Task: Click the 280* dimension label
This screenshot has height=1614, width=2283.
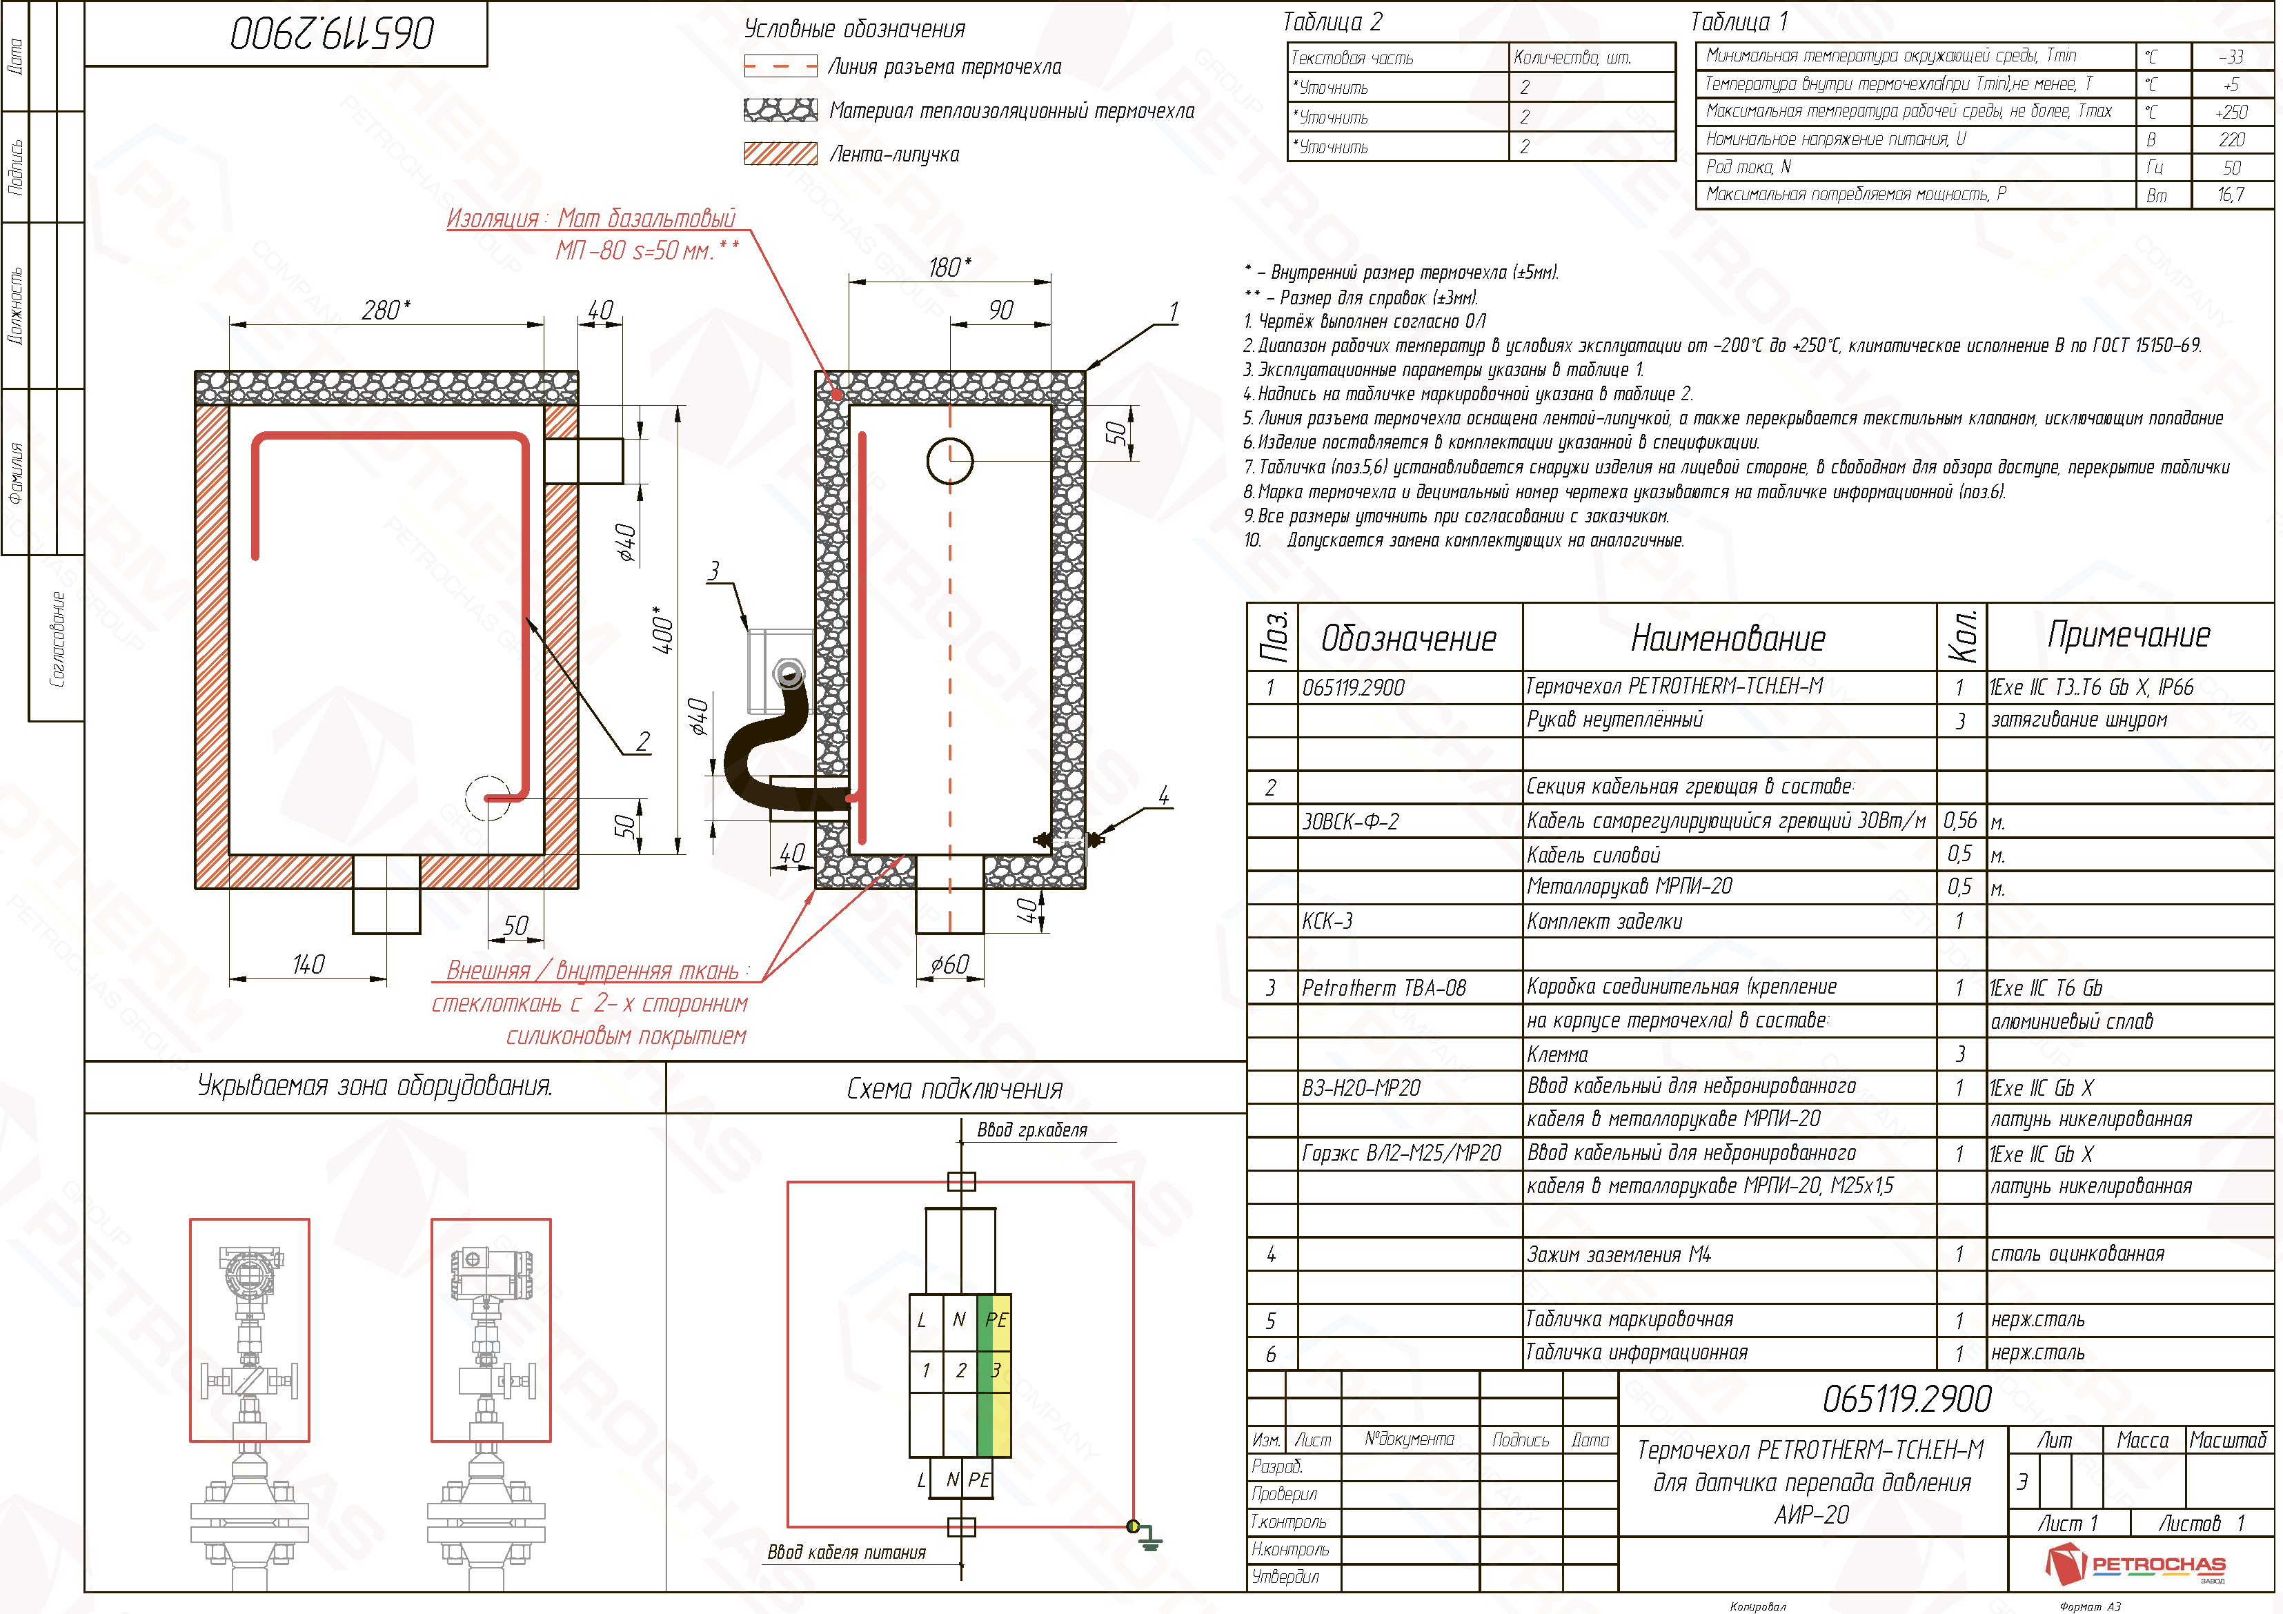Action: pos(386,311)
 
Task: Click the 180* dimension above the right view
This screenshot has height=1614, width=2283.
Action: pos(949,266)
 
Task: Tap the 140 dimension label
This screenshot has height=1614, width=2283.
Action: pos(308,963)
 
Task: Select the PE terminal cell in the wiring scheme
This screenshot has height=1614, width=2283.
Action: pos(996,1319)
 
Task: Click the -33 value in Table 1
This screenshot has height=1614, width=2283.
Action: pos(2231,57)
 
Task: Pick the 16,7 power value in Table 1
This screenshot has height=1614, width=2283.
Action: pos(2231,195)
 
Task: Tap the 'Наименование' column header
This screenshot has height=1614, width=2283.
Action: pos(1728,638)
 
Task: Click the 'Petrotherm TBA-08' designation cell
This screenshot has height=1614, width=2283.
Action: pos(1384,987)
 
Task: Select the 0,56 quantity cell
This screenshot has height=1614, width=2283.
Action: pos(1960,820)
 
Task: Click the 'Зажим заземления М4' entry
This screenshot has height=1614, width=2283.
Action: pos(1619,1254)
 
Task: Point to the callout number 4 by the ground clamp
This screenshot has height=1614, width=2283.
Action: pos(1163,794)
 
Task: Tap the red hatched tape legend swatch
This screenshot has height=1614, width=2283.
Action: pos(780,153)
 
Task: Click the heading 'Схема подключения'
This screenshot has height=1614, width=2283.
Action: pos(955,1089)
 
